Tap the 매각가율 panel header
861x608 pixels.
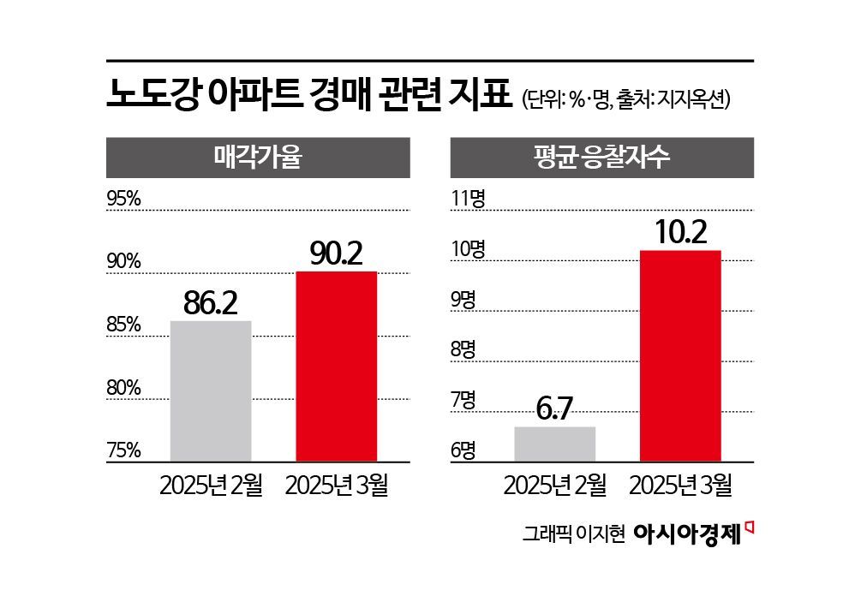tap(257, 158)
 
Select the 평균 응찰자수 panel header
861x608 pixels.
tap(601, 158)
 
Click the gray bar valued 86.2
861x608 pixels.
tap(211, 391)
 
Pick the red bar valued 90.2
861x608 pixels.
tap(336, 367)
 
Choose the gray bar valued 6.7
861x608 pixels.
tap(554, 444)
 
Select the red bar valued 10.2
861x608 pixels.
tap(680, 356)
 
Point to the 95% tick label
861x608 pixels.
tap(123, 199)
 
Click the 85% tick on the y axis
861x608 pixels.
tap(123, 325)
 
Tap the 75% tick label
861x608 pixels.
tap(123, 450)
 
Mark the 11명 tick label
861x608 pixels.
tap(469, 199)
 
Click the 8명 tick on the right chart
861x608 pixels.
tap(463, 349)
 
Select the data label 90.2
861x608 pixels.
tap(337, 253)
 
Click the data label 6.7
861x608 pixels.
tap(554, 409)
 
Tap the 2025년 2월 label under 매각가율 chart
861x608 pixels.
tap(211, 485)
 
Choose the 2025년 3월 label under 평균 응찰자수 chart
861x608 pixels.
tap(680, 485)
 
